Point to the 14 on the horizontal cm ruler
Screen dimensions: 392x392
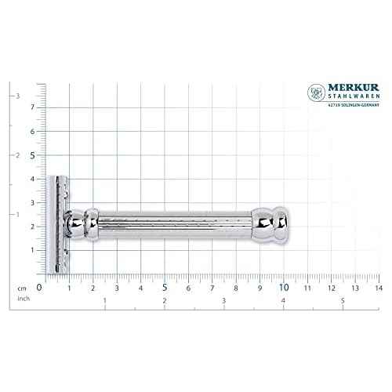pos(378,288)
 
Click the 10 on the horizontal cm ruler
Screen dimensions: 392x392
pos(283,288)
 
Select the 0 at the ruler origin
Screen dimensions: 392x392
pos(39,288)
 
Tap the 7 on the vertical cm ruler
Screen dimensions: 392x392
pos(32,107)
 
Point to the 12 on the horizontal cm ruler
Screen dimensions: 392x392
pos(331,288)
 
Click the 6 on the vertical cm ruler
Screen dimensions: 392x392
pos(32,131)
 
